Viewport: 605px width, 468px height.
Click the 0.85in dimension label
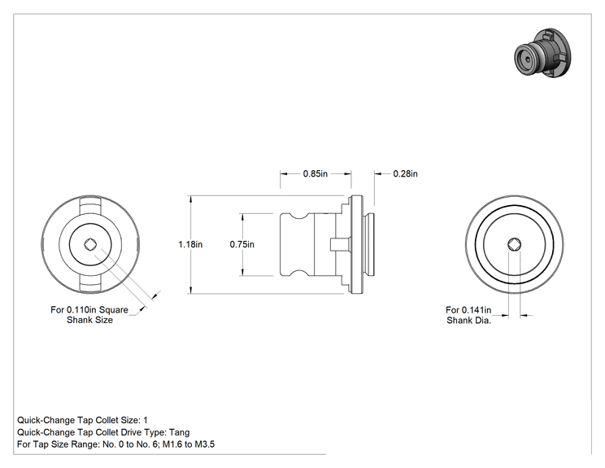(316, 173)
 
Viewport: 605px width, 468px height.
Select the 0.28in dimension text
(405, 173)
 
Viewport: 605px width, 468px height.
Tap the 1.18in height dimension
(190, 244)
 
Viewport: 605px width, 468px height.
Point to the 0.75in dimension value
(242, 244)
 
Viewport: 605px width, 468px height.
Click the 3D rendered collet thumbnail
(543, 53)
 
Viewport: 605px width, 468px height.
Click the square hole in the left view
(90, 244)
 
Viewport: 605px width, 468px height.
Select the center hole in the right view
(514, 244)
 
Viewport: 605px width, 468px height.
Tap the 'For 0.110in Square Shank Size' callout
(89, 315)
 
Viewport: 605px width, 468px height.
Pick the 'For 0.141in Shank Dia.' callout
(469, 315)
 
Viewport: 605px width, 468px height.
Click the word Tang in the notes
(180, 432)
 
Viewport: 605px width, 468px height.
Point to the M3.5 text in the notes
(204, 444)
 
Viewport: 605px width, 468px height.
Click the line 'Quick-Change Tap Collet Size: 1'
(82, 420)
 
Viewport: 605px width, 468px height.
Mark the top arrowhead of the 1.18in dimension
(190, 199)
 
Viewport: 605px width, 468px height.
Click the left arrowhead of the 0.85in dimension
(284, 173)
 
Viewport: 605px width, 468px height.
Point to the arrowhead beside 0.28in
(378, 173)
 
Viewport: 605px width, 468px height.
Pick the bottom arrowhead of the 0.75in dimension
(242, 272)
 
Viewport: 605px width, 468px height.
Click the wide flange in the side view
(356, 244)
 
